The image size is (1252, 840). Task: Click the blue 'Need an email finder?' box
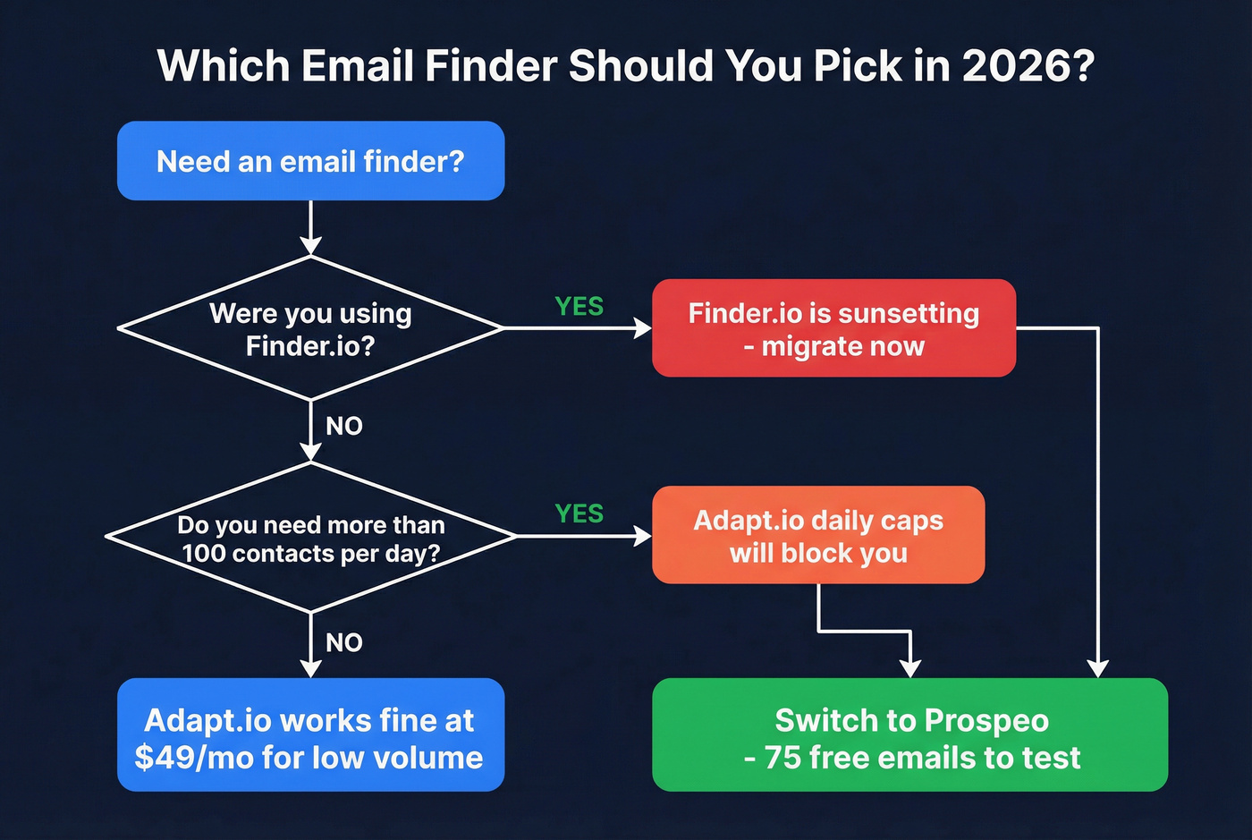pyautogui.click(x=310, y=161)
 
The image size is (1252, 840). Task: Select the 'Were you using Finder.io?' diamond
pyautogui.click(x=310, y=328)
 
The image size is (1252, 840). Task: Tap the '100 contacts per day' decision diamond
pyautogui.click(x=310, y=538)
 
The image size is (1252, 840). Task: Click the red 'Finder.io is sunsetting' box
pyautogui.click(x=833, y=328)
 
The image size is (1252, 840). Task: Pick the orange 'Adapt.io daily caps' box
pyautogui.click(x=818, y=535)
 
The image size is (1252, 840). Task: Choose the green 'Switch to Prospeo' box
pyautogui.click(x=909, y=734)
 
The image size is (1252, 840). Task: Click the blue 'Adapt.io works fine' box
pyautogui.click(x=310, y=734)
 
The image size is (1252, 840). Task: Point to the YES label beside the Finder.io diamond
pyautogui.click(x=579, y=307)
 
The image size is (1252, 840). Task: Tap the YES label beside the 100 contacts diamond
pyautogui.click(x=579, y=513)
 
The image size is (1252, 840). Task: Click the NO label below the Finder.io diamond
pyautogui.click(x=344, y=426)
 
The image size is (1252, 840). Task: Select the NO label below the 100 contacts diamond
pyautogui.click(x=344, y=642)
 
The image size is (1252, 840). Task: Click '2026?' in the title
pyautogui.click(x=1028, y=66)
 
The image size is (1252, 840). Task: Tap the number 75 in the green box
pyautogui.click(x=782, y=758)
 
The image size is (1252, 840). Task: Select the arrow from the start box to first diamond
pyautogui.click(x=310, y=229)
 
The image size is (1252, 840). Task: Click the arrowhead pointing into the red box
pyautogui.click(x=643, y=328)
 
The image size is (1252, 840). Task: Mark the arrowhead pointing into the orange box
pyautogui.click(x=643, y=536)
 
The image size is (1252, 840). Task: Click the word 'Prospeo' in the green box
pyautogui.click(x=986, y=720)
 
